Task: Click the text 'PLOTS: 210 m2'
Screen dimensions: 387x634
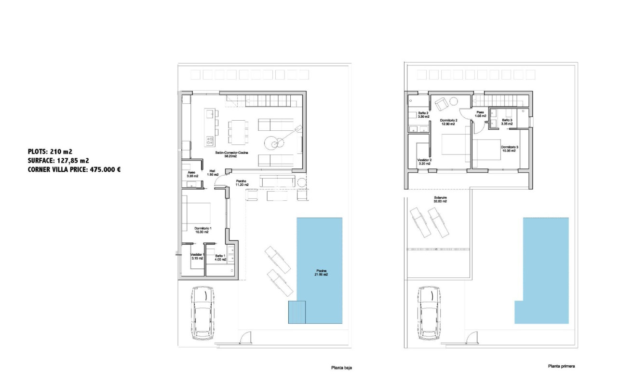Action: [x=50, y=151]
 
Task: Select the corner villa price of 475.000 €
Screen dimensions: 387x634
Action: [x=74, y=169]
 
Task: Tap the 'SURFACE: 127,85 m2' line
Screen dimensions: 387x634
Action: [x=58, y=160]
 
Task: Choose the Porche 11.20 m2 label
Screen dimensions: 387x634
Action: [x=242, y=182]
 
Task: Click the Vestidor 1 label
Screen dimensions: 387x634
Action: [x=197, y=256]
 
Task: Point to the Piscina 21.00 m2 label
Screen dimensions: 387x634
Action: [x=320, y=272]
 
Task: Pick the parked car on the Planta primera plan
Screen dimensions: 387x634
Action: [x=428, y=313]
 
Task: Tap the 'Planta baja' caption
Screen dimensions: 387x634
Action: [x=341, y=368]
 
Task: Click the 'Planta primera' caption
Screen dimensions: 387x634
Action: [x=561, y=366]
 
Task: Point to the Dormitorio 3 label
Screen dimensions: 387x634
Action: [x=509, y=149]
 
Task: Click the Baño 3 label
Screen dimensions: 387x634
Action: [x=507, y=122]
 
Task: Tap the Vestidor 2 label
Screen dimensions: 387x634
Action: [x=424, y=162]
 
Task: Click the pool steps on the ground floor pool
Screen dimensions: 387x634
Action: [x=297, y=312]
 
